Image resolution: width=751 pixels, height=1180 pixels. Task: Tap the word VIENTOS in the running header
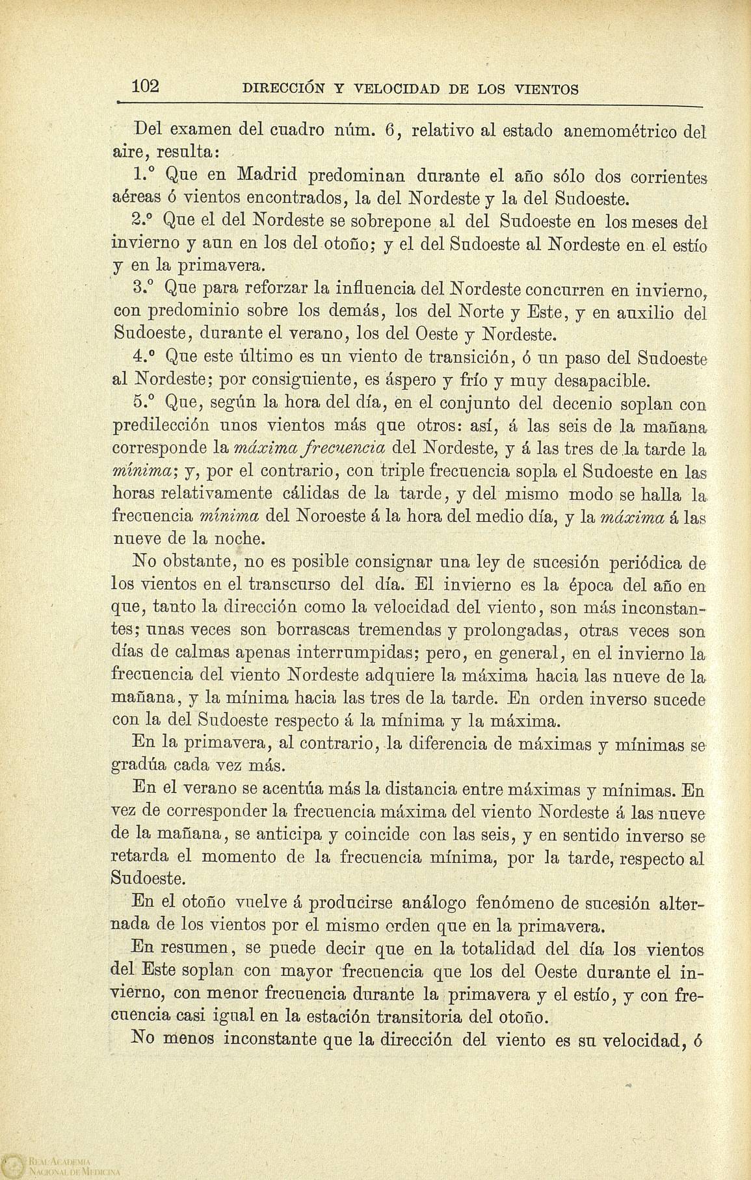(546, 90)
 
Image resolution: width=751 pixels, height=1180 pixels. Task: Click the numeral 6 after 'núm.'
(389, 131)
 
